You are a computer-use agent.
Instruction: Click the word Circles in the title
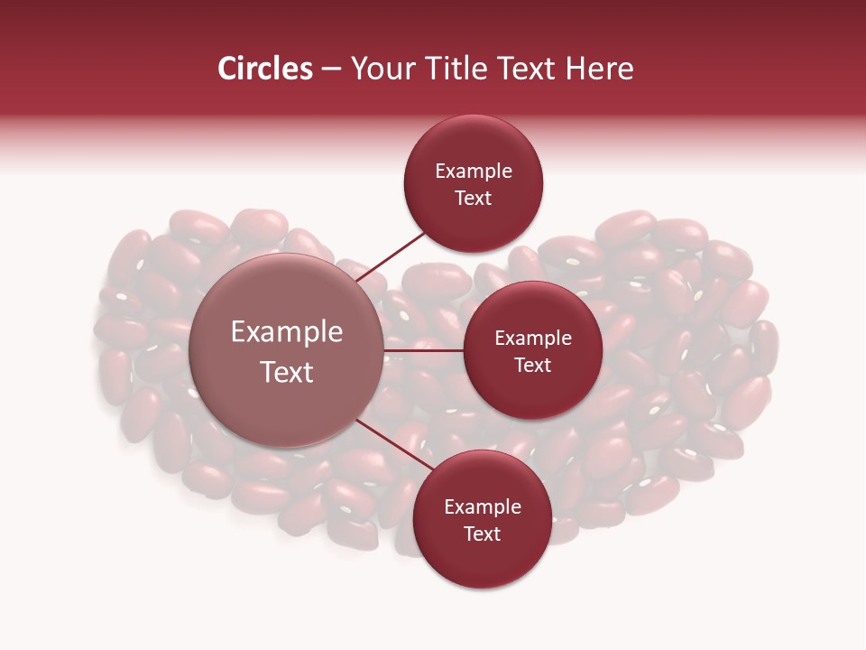pos(264,69)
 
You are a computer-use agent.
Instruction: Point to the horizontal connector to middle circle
pos(424,350)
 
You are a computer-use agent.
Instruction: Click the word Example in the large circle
pos(286,332)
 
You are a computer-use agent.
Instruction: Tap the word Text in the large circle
pos(286,372)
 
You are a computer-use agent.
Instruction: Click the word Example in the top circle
pos(474,172)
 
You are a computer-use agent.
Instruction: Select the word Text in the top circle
pos(474,199)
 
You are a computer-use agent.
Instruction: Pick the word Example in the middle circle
pos(532,339)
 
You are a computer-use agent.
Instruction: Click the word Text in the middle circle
pos(532,366)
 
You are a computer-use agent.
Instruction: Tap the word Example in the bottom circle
pos(482,507)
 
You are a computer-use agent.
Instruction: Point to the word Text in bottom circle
pos(482,534)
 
